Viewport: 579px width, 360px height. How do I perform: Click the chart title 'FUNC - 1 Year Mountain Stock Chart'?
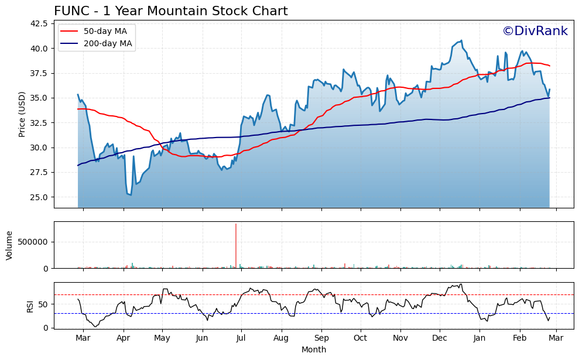[x=170, y=11]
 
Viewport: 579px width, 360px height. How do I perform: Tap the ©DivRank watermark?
[x=535, y=32]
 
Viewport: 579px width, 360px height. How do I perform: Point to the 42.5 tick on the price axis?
[x=39, y=23]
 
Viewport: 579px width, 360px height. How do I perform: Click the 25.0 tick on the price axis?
[x=39, y=197]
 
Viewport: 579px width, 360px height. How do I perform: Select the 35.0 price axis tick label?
[x=39, y=98]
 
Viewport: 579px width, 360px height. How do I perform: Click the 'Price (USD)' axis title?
[x=22, y=114]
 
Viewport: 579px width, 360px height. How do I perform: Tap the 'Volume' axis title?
[x=9, y=245]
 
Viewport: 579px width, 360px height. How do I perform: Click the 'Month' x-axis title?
[x=314, y=349]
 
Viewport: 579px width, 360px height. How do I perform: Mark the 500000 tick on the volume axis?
[x=33, y=242]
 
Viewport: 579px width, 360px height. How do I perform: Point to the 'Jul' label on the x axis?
[x=241, y=338]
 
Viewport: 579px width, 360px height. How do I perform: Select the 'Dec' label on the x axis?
[x=440, y=338]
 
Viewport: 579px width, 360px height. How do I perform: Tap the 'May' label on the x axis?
[x=162, y=338]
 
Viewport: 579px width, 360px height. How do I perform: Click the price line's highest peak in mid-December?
[x=461, y=40]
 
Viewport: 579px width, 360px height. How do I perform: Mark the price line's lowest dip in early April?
[x=130, y=195]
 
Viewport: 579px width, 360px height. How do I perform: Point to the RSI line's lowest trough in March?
[x=95, y=326]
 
